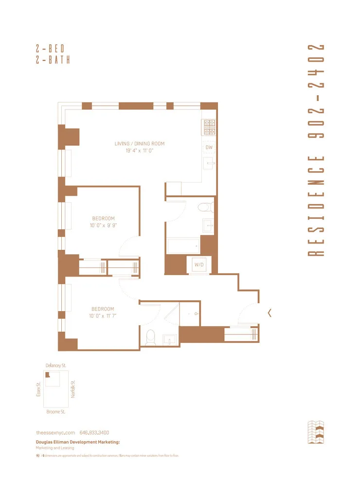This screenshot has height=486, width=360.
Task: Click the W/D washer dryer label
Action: point(199,265)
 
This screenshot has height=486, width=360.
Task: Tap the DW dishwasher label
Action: point(209,147)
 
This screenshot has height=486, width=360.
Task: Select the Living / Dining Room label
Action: point(140,143)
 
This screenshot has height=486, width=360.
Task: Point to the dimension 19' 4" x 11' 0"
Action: point(140,151)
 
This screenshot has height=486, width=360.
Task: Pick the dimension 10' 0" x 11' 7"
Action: point(103,316)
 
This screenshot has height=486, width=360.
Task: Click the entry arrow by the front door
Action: point(270,313)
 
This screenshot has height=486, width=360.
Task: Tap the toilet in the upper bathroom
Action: point(204,208)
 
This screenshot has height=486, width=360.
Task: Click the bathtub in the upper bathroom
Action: point(182,245)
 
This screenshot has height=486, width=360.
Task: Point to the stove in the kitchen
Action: point(209,127)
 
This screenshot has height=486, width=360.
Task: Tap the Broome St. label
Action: point(56,412)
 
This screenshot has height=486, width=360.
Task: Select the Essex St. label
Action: point(38,389)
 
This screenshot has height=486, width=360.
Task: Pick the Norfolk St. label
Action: point(73,389)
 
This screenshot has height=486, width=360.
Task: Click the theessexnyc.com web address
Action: point(55,433)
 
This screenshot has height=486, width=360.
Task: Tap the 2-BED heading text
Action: point(50,49)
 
